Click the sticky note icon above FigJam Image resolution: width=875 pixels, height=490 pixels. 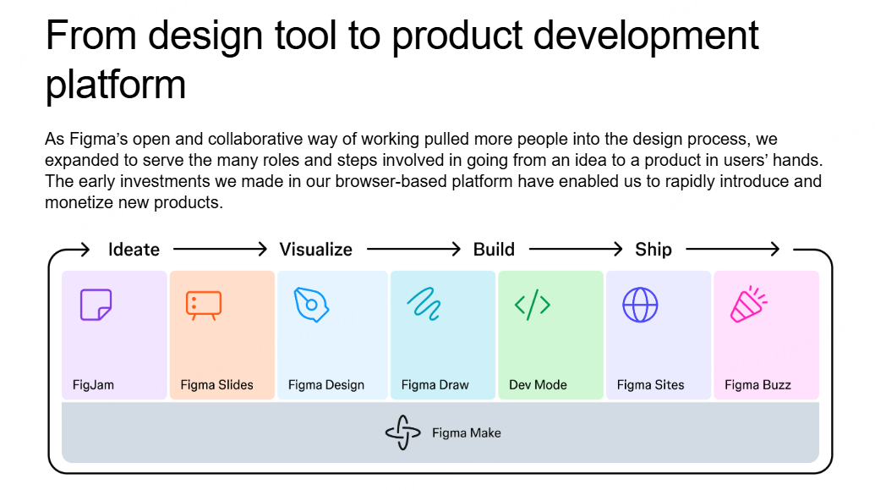tap(96, 305)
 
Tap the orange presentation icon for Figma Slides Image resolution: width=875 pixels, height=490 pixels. tap(204, 305)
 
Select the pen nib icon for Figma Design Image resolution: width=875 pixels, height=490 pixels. tap(311, 305)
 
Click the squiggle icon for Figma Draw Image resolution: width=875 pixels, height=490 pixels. tap(424, 304)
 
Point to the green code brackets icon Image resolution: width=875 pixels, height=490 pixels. tap(533, 305)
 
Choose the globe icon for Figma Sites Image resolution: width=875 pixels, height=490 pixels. tap(640, 305)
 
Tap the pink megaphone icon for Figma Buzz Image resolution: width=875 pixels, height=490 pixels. tap(749, 305)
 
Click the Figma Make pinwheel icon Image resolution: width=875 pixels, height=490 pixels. tap(403, 432)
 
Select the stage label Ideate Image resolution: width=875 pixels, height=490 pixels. tap(134, 249)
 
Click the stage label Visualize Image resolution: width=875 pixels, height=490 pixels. tap(316, 249)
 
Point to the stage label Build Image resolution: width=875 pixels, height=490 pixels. tap(494, 249)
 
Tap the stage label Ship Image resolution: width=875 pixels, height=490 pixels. tap(654, 249)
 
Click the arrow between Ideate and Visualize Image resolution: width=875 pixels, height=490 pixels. tap(220, 249)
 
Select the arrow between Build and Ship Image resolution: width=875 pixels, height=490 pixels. tap(576, 249)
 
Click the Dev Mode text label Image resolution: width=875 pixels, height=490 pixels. tap(538, 385)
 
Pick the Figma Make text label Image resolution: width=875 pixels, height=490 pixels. tap(467, 433)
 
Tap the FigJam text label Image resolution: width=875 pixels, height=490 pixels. tap(93, 385)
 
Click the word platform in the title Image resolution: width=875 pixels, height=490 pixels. tap(116, 85)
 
